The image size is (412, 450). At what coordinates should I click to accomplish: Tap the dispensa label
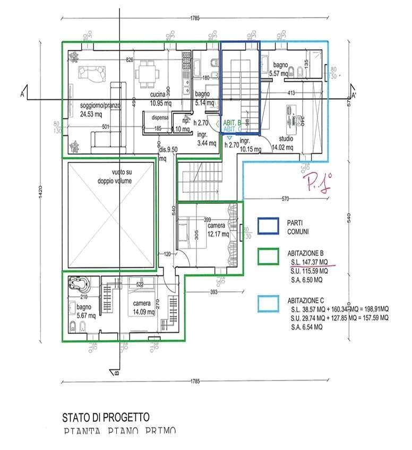tap(160, 117)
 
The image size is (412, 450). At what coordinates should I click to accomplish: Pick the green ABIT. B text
tap(232, 123)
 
